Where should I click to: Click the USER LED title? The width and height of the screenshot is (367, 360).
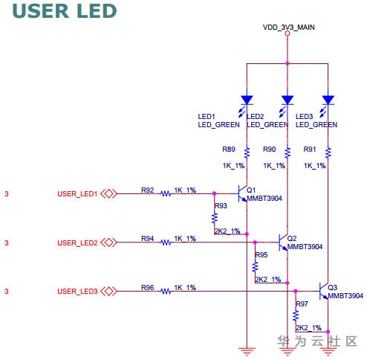point(65,11)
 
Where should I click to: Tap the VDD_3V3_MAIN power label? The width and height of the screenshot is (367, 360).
point(289,28)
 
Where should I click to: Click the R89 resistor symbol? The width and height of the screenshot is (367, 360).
point(247,153)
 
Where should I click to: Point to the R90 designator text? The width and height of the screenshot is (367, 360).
point(269,150)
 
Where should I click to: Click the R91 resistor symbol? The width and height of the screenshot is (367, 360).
point(328,153)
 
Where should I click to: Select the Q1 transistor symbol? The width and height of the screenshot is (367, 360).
point(242,193)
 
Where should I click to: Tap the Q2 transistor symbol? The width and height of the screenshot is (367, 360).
point(283,242)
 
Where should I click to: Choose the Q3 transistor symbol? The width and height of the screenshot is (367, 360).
point(324,291)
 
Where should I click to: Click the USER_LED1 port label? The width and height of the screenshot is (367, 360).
point(77,193)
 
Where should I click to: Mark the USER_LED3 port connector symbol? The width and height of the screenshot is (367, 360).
point(108,291)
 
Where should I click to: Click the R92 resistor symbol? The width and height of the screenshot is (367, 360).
point(166,193)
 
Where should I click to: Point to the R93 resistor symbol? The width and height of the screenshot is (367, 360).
point(215,218)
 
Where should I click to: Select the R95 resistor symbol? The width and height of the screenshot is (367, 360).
point(255,267)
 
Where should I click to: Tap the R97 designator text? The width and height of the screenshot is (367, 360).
point(302,303)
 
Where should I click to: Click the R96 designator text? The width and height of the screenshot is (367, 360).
point(148,287)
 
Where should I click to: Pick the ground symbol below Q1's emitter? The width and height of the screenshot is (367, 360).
point(247,352)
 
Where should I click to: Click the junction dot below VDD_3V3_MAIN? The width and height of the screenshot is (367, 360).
point(288,63)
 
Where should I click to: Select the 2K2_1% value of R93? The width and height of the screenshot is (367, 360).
point(227,231)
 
